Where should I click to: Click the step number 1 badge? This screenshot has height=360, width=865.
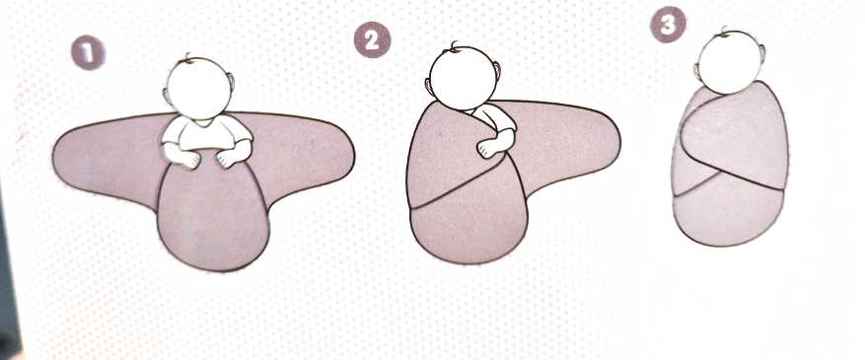(88, 53)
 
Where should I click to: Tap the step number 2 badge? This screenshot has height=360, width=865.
(373, 40)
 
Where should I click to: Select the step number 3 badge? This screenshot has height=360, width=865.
(668, 25)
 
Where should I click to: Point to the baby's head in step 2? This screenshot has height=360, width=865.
(463, 78)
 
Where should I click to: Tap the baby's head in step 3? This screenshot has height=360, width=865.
(730, 62)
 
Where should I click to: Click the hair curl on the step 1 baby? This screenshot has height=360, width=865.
(188, 58)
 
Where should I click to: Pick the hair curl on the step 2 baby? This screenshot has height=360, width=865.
(454, 46)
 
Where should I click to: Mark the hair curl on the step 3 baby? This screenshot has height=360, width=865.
(724, 31)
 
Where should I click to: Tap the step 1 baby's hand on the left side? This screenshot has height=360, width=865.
(187, 158)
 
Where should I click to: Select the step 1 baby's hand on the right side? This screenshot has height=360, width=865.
(228, 159)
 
